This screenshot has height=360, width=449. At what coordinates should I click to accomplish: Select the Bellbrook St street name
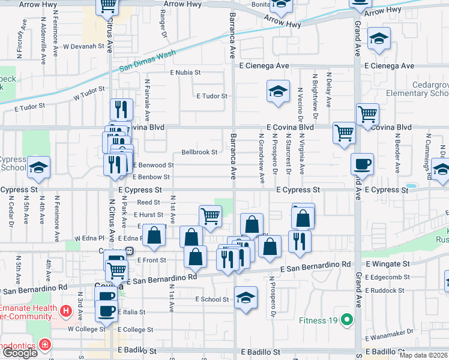[x=199, y=152]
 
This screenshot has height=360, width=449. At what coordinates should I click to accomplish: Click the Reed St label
[x=149, y=203]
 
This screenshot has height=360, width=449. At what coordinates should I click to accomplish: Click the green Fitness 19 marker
[x=346, y=320]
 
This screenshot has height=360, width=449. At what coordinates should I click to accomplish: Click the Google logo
[x=20, y=353]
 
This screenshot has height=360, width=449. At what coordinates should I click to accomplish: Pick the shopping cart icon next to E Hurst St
[x=210, y=216]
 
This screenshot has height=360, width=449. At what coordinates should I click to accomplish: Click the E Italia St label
[x=131, y=313]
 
